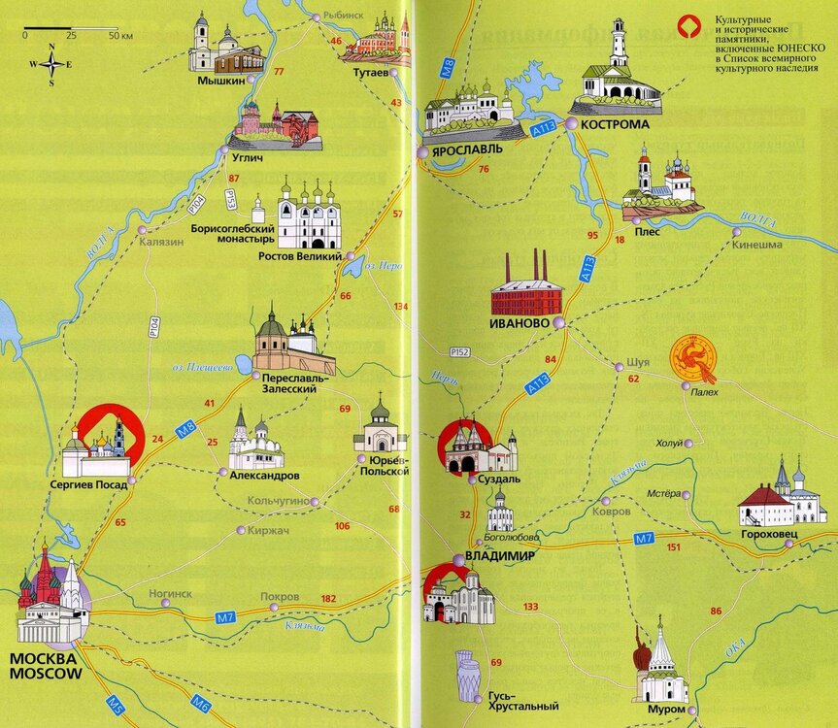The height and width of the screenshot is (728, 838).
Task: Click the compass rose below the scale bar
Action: [52, 66]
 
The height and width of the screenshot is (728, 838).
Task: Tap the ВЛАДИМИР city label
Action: [501, 556]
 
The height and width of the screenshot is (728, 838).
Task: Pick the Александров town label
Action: [264, 476]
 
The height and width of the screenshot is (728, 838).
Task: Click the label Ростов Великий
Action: [300, 257]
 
